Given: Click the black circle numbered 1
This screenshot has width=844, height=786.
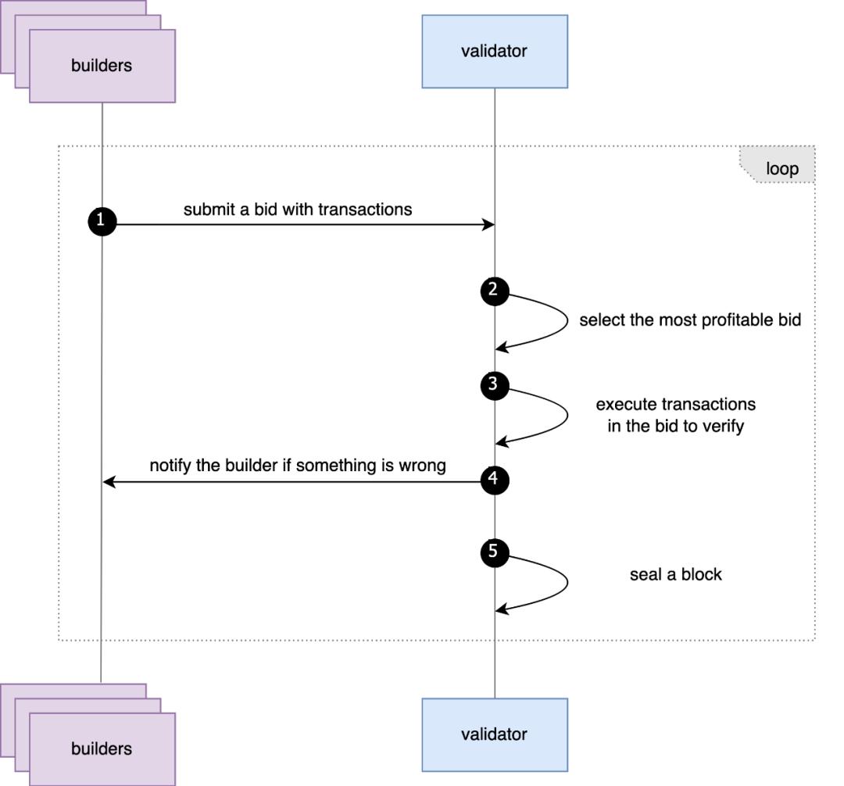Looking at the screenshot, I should (102, 222).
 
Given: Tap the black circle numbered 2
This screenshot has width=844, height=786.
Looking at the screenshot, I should (494, 291).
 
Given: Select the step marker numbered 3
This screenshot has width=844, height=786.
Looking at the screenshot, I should (494, 385).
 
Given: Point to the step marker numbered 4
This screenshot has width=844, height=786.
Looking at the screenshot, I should (494, 479).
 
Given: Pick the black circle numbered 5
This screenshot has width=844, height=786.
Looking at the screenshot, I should (494, 552).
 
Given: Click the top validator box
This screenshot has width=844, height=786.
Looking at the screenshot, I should (495, 52).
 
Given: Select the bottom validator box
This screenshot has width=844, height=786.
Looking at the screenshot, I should (495, 734).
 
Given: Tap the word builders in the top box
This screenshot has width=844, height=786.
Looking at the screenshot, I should (102, 66).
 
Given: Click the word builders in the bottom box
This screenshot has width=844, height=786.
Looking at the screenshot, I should (102, 748).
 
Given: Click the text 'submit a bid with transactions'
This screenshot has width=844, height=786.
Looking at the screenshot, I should (298, 209).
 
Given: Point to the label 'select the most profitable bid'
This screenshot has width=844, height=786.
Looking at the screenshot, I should (690, 320).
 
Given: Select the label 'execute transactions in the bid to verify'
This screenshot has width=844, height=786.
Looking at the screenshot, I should (676, 415).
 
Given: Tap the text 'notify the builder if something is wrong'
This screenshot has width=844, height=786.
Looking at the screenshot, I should (298, 466).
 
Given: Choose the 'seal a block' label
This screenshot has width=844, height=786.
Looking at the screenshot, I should (676, 574).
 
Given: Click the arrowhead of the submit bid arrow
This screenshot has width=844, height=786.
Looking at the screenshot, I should (489, 225).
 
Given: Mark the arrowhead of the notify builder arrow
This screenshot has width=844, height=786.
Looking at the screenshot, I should (109, 482).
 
